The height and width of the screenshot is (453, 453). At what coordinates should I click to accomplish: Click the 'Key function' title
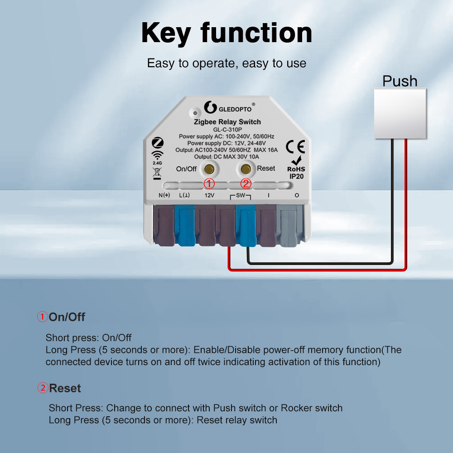[226, 33]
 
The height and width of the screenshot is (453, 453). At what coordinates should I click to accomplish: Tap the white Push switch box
[400, 114]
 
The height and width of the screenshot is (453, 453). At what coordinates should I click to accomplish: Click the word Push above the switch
[400, 81]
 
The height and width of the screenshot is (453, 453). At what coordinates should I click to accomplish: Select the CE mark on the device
[295, 146]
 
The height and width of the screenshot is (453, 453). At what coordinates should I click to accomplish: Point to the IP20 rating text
[296, 176]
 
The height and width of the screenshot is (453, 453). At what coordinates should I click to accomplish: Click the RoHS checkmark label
[296, 164]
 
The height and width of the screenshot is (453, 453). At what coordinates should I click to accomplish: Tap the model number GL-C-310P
[227, 130]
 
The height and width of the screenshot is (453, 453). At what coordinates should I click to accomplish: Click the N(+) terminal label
[164, 195]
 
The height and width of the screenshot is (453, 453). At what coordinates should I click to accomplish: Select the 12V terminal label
[209, 195]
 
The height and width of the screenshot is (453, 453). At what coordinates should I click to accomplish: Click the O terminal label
[297, 195]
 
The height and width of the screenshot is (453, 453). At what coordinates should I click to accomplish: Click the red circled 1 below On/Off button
[209, 183]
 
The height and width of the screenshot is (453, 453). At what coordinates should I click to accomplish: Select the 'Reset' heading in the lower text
[65, 388]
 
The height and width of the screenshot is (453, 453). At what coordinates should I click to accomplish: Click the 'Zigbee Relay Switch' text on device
[227, 122]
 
